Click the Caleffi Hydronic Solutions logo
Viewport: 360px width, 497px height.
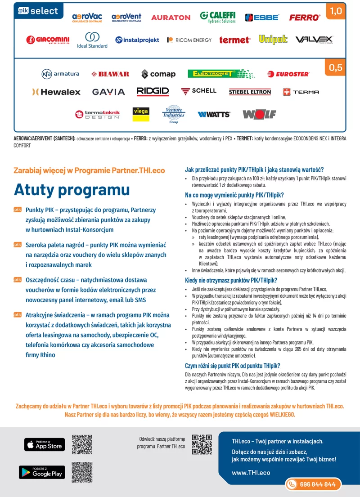[218, 17]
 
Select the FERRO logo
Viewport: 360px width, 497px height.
[305, 18]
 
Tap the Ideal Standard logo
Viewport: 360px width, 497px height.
[92, 40]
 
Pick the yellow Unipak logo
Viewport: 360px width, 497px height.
[273, 40]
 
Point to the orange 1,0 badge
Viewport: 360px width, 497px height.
[336, 11]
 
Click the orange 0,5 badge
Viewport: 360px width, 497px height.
[336, 68]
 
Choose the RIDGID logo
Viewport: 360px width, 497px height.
[153, 92]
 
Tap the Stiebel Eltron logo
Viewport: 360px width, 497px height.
[250, 92]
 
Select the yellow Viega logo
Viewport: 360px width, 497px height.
[141, 114]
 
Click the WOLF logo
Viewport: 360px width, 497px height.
[259, 114]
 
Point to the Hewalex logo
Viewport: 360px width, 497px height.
[56, 92]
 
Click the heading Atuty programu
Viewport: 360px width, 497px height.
[72, 190]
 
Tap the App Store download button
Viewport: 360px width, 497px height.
[44, 444]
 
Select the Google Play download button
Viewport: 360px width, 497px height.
[42, 472]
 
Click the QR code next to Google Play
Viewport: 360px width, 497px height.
[82, 472]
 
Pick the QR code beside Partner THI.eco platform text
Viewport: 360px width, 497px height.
[202, 444]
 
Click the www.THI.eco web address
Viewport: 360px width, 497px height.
[251, 473]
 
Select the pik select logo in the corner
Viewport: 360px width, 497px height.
[38, 10]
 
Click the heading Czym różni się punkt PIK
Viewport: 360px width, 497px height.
[233, 365]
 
